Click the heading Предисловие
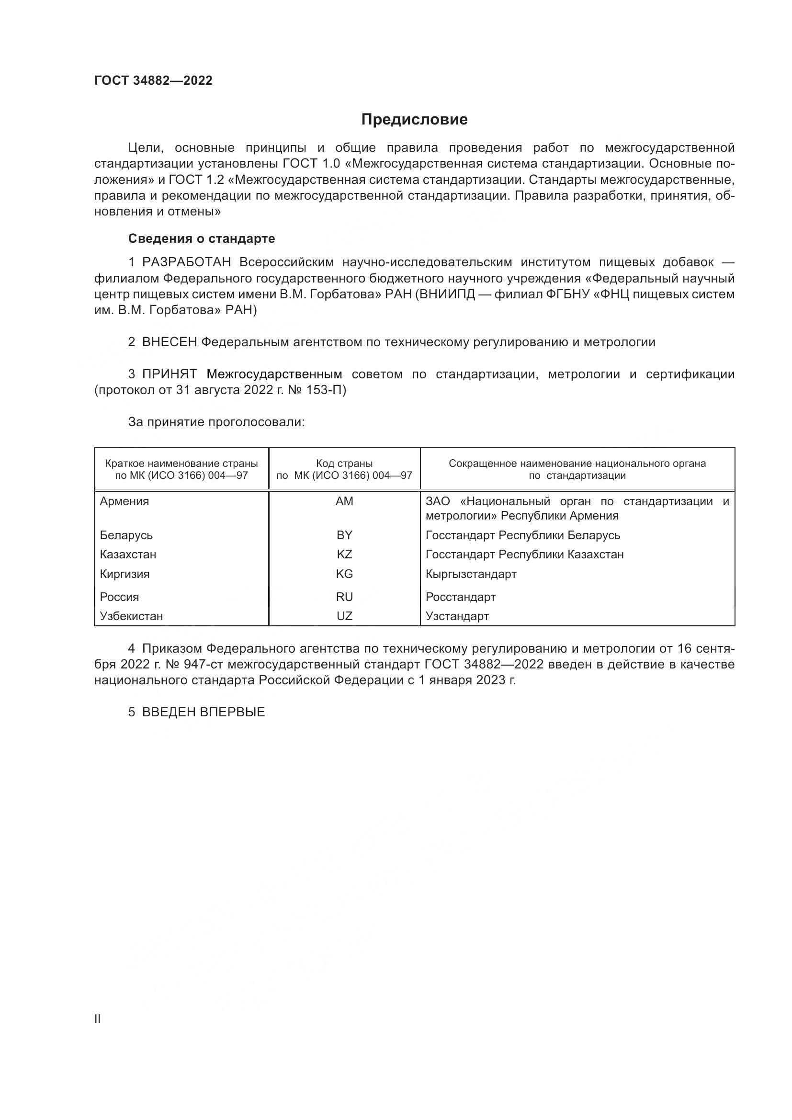click(414, 120)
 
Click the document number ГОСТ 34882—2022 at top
click(153, 80)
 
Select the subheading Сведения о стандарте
click(202, 238)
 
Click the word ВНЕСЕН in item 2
click(169, 342)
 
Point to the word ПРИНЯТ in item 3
click(169, 374)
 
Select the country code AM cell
click(344, 501)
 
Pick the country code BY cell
click(344, 535)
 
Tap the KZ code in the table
click(344, 554)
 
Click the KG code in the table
click(344, 574)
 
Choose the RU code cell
click(344, 597)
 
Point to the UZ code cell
click(344, 616)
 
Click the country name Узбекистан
click(131, 616)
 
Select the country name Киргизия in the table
click(124, 574)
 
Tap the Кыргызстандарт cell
click(471, 574)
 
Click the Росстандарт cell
click(460, 597)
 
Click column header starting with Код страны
click(344, 469)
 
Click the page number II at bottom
click(98, 1018)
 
